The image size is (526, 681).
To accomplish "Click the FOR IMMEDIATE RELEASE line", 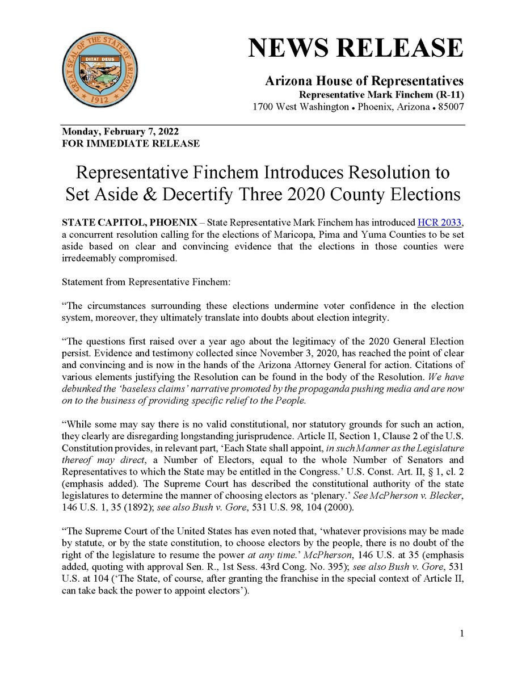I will tap(131, 144).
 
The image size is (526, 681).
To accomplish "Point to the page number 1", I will tap(462, 634).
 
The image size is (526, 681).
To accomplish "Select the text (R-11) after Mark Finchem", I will tap(448, 94).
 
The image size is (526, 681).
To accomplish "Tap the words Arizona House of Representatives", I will tap(364, 81).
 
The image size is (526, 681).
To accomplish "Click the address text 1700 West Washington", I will tap(300, 107).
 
